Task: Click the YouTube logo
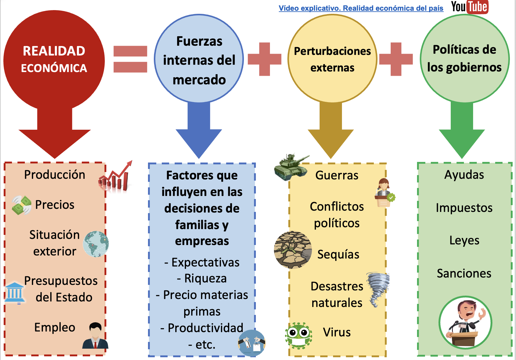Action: [469, 7]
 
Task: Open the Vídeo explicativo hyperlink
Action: [361, 8]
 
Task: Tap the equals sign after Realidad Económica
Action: [130, 59]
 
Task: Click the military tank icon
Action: [291, 167]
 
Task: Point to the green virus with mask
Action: [298, 336]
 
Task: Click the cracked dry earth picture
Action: [293, 250]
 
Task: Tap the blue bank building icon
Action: [14, 293]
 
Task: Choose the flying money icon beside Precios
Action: [22, 205]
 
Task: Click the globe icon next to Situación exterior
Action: [96, 244]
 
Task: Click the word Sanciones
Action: [464, 274]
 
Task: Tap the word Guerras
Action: [337, 175]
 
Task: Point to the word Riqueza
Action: [205, 278]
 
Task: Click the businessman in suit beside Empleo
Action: [95, 335]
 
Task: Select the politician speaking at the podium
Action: [465, 323]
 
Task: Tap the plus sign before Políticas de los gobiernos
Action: [396, 59]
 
